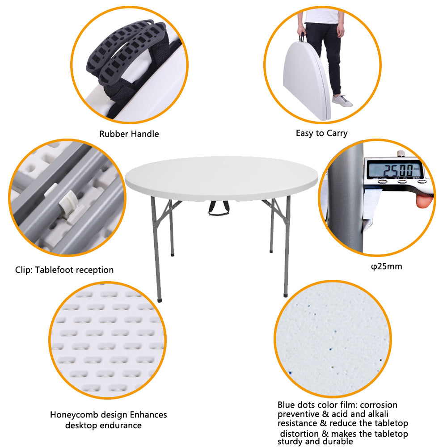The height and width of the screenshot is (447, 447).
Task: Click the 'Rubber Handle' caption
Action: (129, 134)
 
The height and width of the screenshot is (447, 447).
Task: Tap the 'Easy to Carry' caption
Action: (321, 133)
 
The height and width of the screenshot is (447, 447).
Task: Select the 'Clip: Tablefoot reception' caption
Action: (64, 270)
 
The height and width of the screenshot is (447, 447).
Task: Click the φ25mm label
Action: (387, 266)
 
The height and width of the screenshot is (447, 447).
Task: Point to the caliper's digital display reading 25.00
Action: (393, 170)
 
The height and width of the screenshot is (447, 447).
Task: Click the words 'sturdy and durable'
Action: (315, 442)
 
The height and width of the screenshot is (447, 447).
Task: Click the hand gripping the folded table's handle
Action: (303, 35)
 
